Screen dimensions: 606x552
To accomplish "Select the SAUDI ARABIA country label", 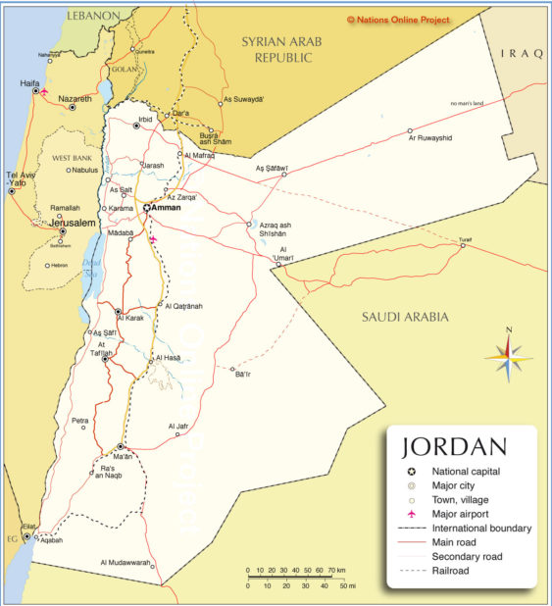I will [x=405, y=317].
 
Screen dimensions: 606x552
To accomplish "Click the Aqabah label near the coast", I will [x=51, y=540].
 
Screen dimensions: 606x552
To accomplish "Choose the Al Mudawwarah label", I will [x=125, y=563].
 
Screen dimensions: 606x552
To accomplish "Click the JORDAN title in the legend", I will [x=454, y=448].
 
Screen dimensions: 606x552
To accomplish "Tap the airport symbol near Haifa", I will [x=44, y=92].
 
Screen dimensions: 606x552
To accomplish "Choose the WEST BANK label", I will [x=72, y=157].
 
